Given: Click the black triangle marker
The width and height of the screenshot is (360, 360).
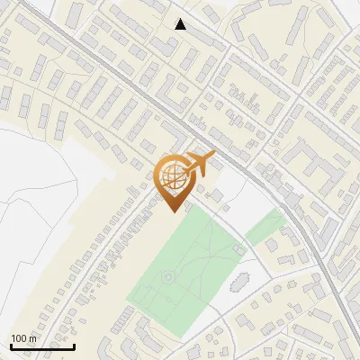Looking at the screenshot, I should pos(181,24).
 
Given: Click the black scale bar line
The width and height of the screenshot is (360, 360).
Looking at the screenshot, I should pos(42,346).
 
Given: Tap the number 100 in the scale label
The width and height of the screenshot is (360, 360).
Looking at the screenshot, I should pos(19,338).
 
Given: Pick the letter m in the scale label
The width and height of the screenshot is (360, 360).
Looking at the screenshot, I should pos(32,338).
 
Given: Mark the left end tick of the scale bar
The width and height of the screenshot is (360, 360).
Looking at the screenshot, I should pos(11,345).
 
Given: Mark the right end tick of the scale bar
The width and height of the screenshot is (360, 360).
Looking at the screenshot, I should pos(74,345).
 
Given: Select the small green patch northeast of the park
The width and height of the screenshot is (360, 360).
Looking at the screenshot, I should pos(265,228).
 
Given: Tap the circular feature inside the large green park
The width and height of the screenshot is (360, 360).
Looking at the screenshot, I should pos(168,277).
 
